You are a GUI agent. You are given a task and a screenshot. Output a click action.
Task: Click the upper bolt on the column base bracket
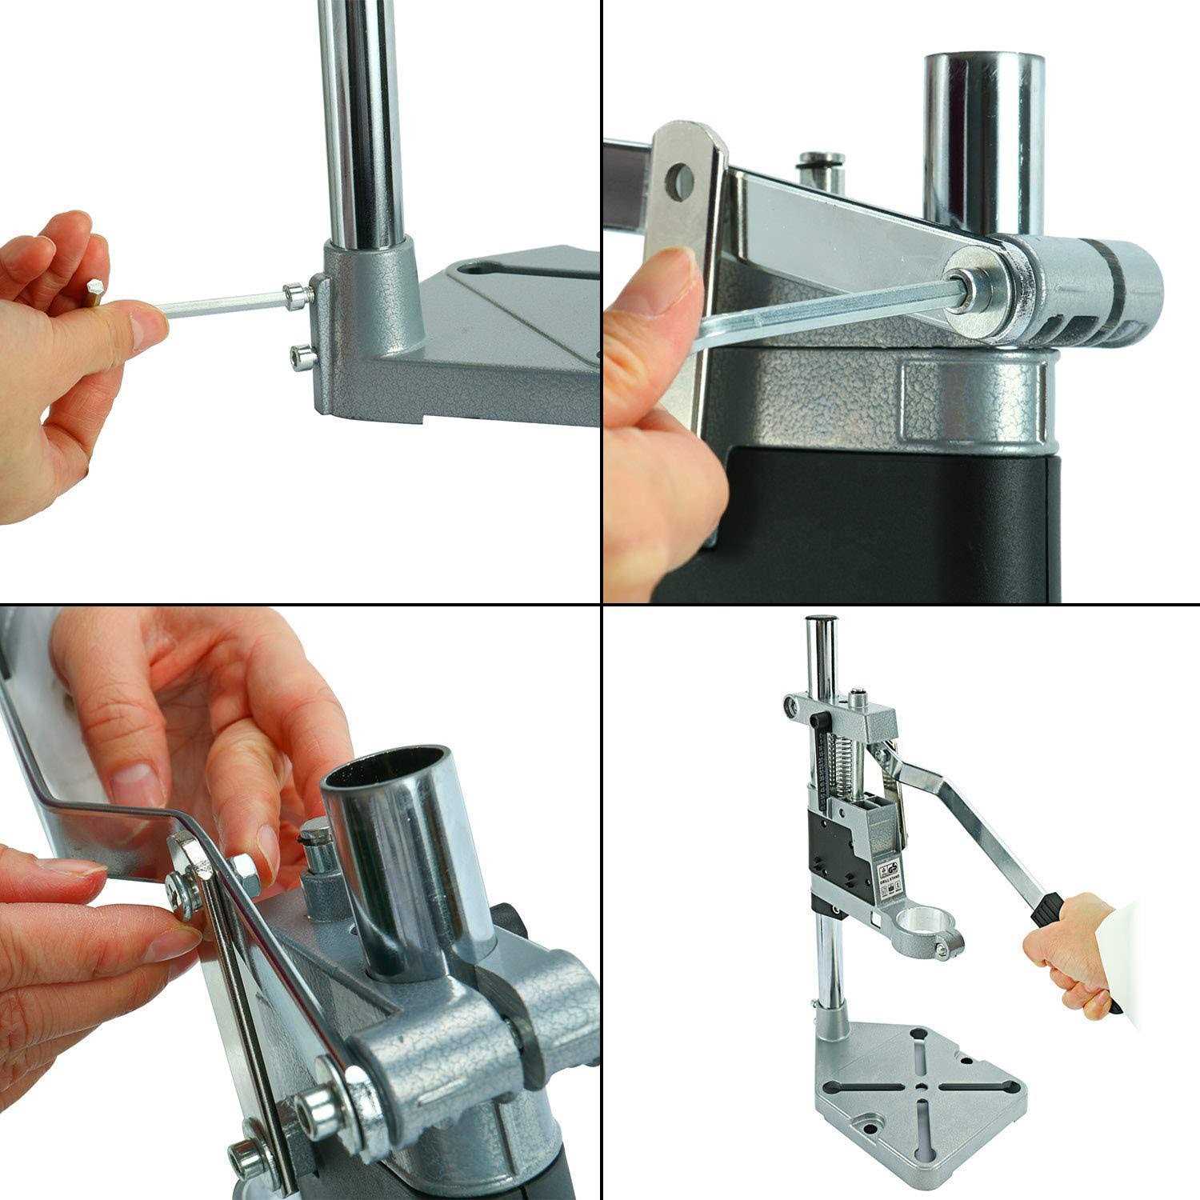click(x=298, y=296)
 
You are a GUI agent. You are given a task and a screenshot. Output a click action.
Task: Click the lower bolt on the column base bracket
click(x=298, y=353)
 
